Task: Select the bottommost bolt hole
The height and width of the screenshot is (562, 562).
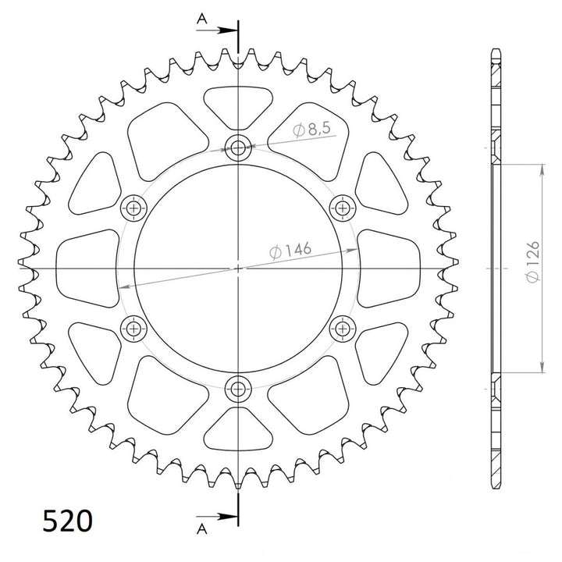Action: pyautogui.click(x=238, y=387)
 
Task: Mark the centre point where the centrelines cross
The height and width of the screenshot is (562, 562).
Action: pyautogui.click(x=238, y=267)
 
